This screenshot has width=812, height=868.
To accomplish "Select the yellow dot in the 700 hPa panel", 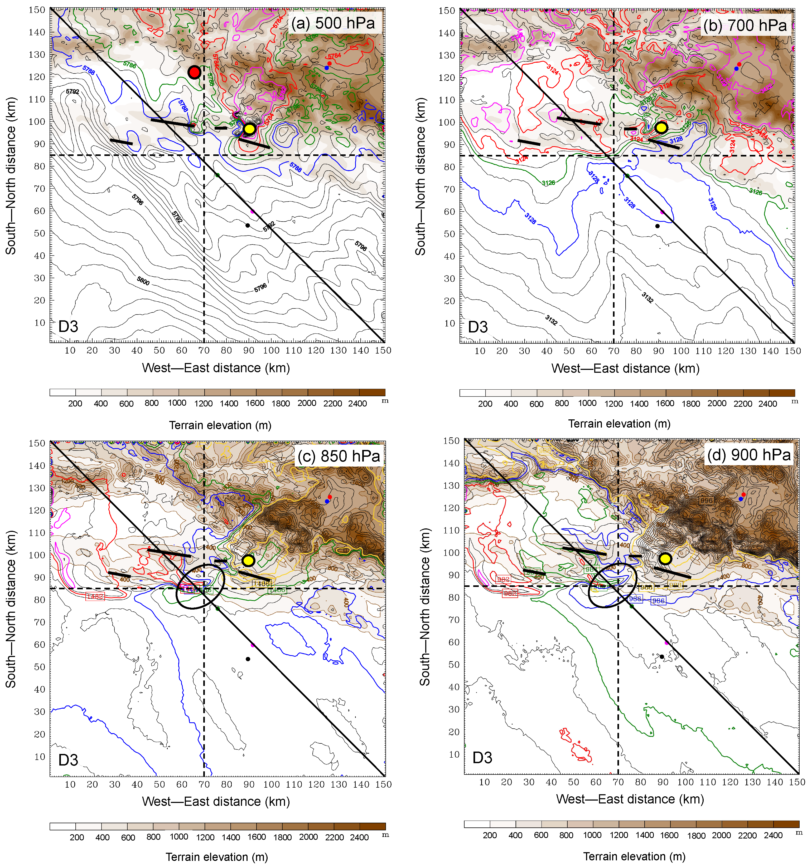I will pos(661,127).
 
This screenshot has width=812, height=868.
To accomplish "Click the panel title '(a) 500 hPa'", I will pos(333,23).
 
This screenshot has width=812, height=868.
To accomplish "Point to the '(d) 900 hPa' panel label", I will pos(749,455).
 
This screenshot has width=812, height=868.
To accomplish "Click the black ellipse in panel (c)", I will pos(200,586).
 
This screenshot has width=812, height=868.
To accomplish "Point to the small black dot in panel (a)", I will pos(247,225).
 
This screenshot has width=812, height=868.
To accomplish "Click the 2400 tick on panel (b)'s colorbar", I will pos(767,404).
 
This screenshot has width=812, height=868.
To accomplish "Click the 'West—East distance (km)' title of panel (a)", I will pos(216,368).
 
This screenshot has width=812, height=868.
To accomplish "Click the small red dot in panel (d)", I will pos(743,494).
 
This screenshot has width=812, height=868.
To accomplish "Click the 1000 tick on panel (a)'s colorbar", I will pos(177,403).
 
